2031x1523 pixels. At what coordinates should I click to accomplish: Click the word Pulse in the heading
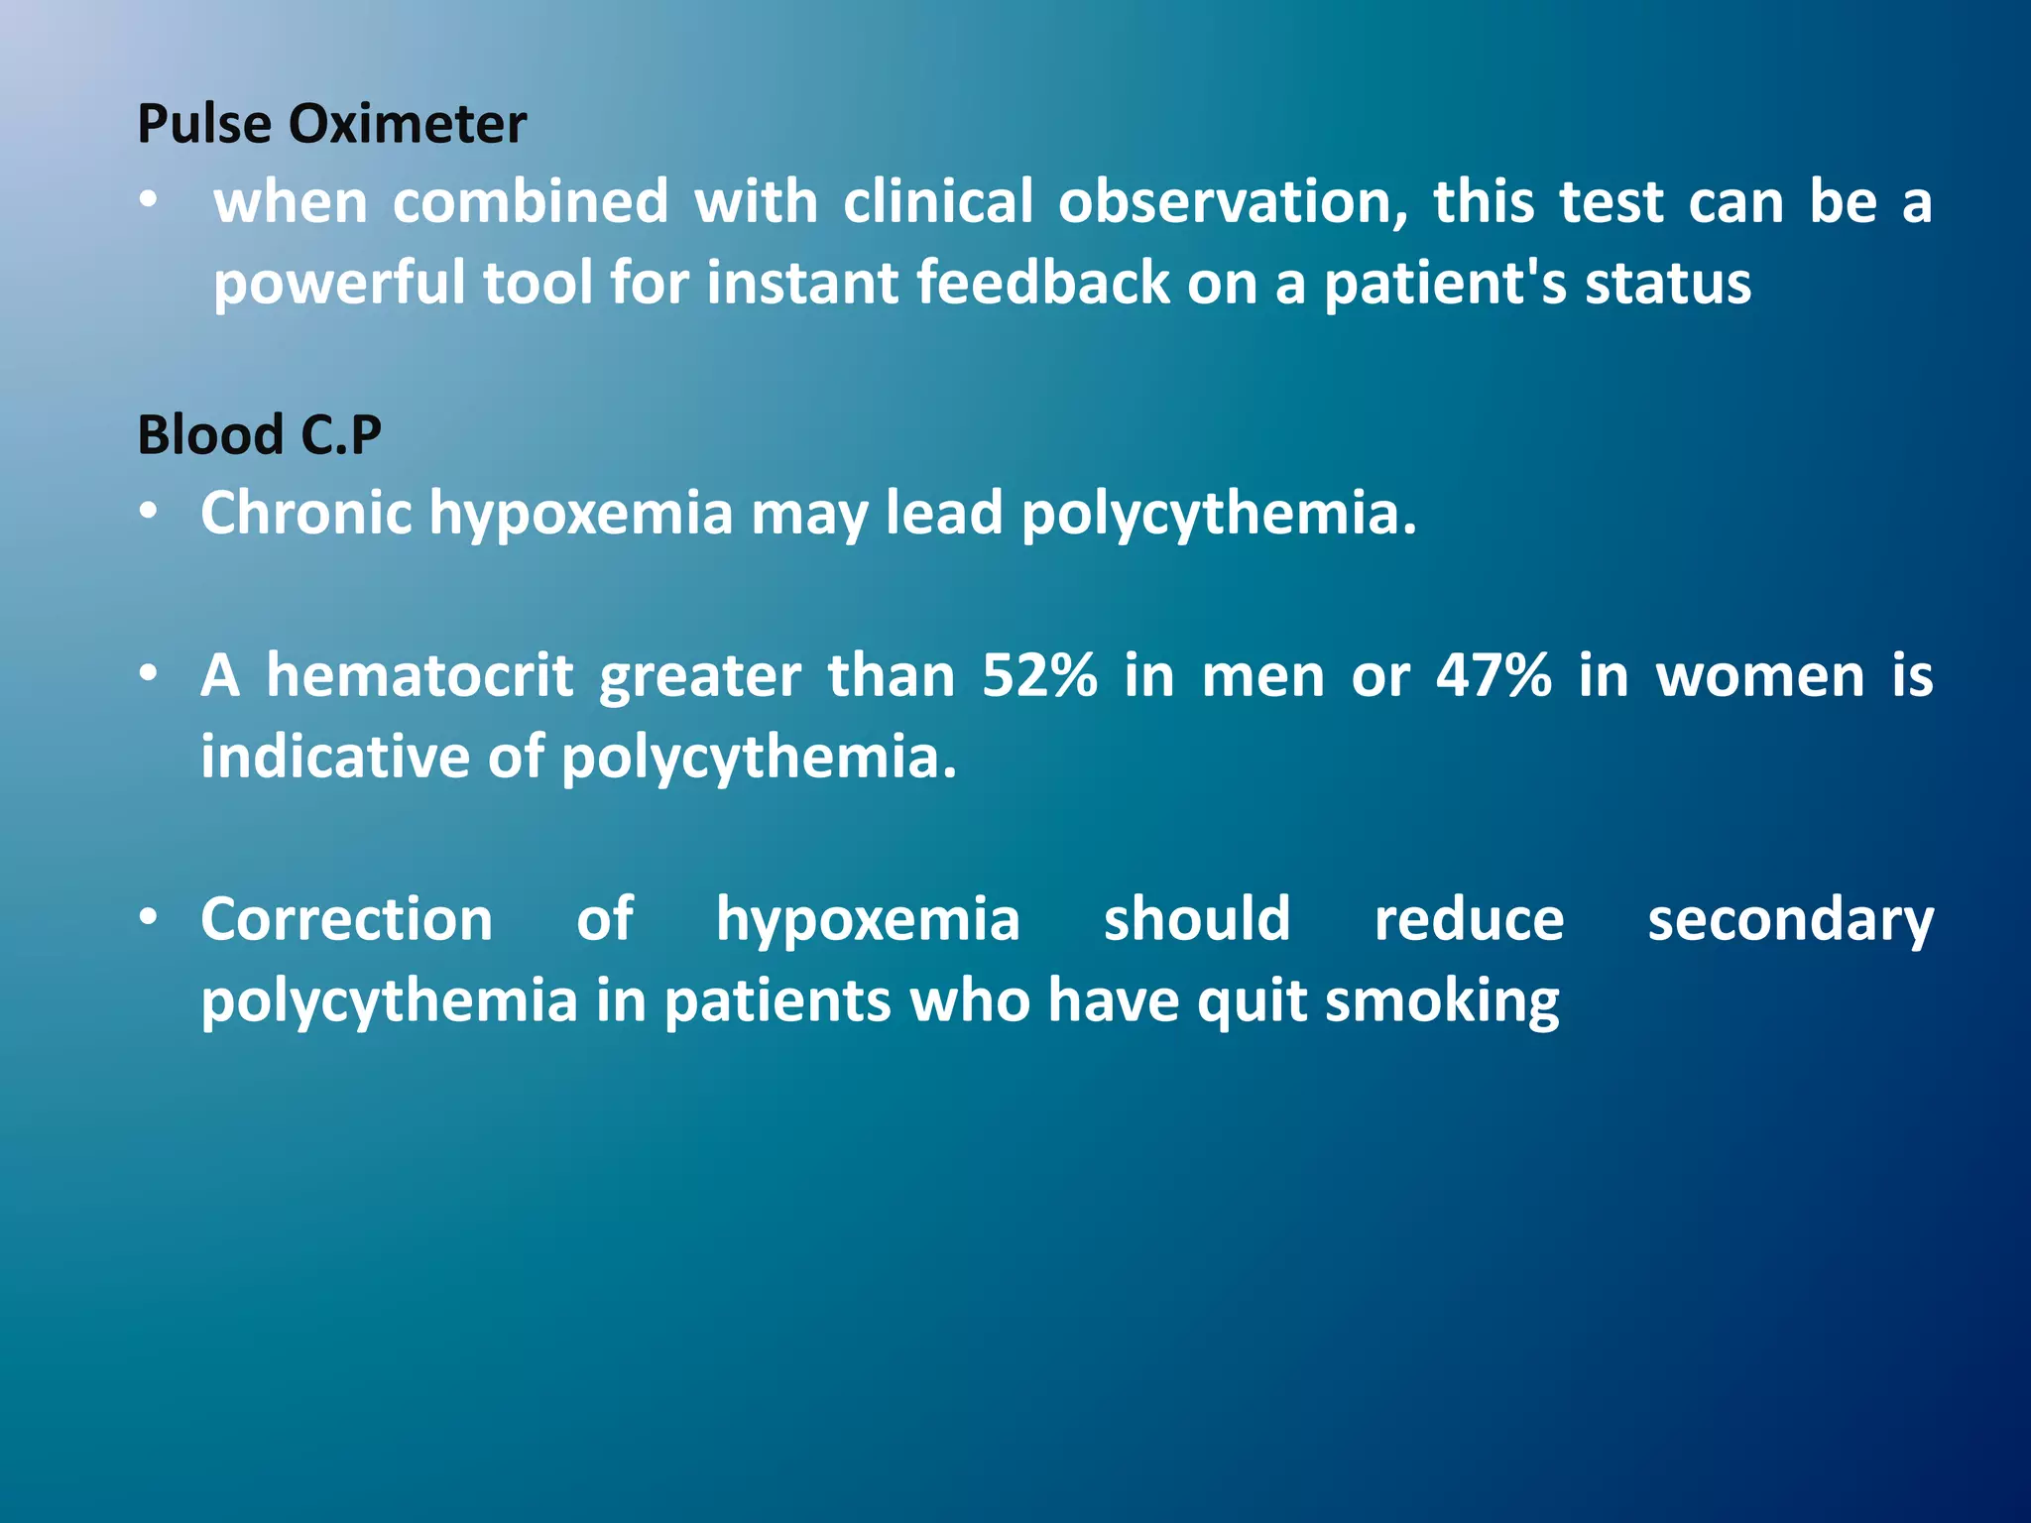coord(203,124)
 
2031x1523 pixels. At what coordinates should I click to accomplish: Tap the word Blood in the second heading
coord(211,434)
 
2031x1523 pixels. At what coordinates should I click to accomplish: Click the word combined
coord(531,201)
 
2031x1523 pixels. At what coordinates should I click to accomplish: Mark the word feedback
coord(1042,283)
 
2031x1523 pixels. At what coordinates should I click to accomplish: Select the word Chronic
coord(305,513)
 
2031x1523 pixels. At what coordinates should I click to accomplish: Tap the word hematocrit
coord(419,676)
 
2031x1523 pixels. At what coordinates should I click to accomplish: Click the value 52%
coord(1039,676)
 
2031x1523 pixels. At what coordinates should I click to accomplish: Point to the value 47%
coord(1493,676)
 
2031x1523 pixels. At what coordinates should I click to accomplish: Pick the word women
coord(1761,676)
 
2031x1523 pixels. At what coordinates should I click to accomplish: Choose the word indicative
coord(335,757)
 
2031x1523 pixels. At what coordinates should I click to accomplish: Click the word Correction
coord(346,919)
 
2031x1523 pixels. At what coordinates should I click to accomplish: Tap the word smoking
coord(1442,1001)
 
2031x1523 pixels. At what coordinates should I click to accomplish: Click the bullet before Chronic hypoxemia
coord(149,513)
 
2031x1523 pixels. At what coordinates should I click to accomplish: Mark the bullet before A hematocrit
coord(149,675)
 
